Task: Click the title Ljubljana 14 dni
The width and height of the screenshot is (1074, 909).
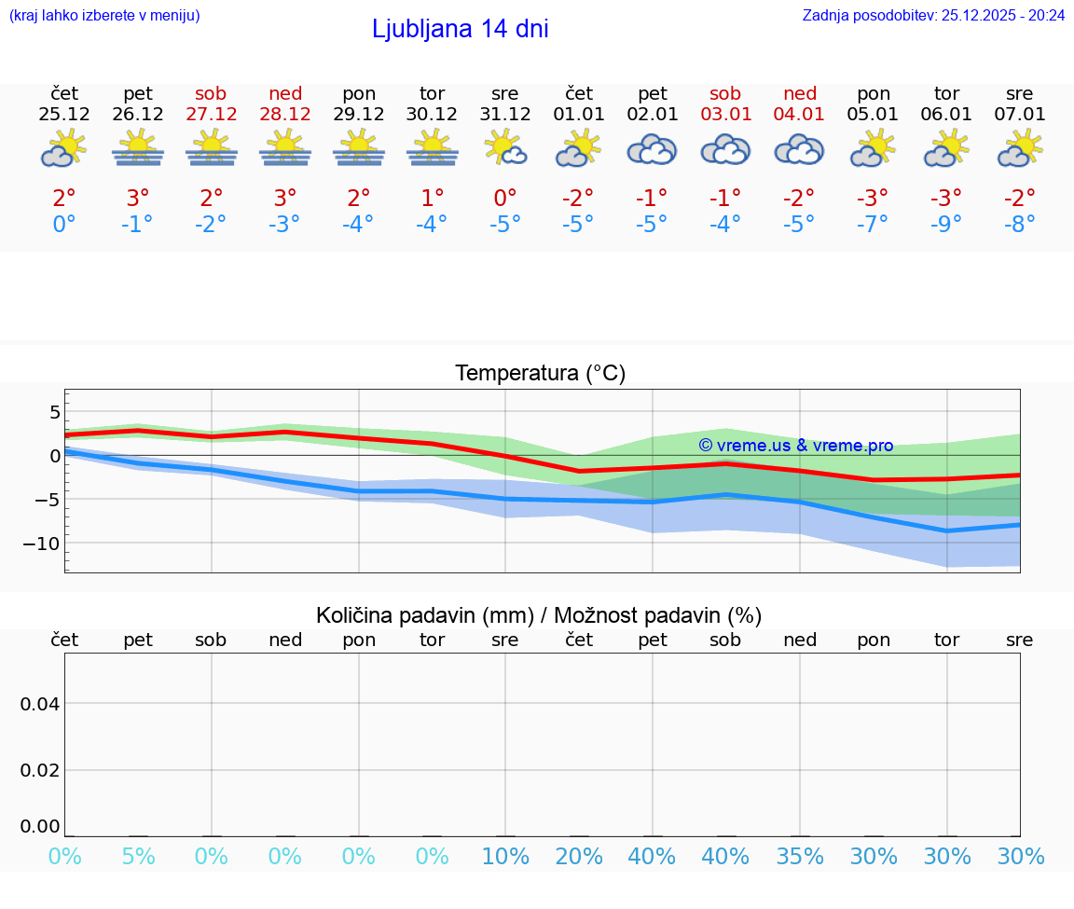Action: click(460, 29)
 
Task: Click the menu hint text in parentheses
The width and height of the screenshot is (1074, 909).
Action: click(103, 15)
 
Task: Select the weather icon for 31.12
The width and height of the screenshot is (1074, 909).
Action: click(505, 149)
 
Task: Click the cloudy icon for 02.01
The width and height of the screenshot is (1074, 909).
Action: click(652, 149)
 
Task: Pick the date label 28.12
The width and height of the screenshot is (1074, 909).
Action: click(285, 115)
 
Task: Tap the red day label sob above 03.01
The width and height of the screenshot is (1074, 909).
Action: click(725, 93)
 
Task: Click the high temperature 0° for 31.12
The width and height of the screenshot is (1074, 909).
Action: click(505, 198)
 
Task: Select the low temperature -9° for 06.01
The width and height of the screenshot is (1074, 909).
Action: click(946, 225)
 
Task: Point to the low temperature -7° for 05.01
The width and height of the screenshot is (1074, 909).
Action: click(874, 225)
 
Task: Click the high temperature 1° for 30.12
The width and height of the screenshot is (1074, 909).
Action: click(432, 198)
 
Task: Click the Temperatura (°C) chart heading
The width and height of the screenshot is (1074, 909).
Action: click(540, 374)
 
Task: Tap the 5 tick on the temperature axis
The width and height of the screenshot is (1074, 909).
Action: click(54, 412)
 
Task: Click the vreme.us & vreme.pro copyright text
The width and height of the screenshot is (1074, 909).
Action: click(795, 446)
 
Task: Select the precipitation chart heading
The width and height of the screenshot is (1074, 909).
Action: click(539, 615)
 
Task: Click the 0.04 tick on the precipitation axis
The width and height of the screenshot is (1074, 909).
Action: click(40, 704)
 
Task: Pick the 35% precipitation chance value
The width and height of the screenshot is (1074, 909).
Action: click(800, 857)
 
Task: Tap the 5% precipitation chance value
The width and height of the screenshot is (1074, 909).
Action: click(138, 857)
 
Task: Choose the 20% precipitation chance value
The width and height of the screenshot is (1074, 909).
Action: click(578, 857)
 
